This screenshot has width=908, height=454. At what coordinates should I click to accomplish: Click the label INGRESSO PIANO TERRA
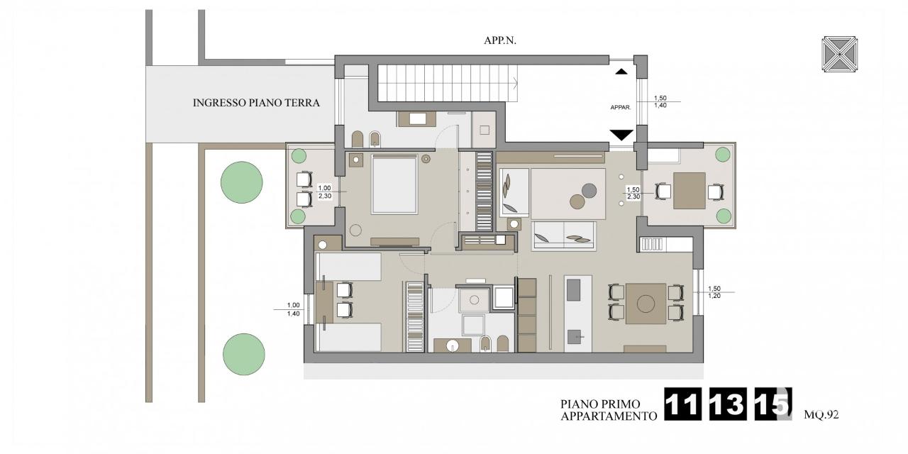tap(256, 103)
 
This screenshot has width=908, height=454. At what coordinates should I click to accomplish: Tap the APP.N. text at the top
tap(500, 40)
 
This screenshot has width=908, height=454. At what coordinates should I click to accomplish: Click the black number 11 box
tap(683, 404)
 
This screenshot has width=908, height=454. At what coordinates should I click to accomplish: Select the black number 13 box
tap(728, 404)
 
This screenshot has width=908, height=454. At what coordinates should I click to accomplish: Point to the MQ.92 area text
tap(821, 415)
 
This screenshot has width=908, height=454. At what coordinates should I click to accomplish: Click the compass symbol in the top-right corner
tap(839, 55)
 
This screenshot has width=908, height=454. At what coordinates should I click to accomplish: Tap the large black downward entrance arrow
tap(621, 135)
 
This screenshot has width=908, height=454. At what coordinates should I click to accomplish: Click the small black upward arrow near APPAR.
tap(621, 72)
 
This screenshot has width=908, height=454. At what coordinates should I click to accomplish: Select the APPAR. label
tap(621, 107)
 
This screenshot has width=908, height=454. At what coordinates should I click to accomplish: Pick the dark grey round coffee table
tap(589, 191)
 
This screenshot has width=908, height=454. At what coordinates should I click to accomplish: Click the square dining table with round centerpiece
tap(646, 304)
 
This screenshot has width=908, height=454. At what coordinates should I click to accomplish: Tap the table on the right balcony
tap(690, 191)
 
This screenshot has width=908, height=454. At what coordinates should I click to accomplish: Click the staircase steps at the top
tap(448, 84)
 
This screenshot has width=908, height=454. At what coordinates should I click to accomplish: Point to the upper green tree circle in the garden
tap(242, 182)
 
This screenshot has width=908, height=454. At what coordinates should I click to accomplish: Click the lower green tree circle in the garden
tap(243, 354)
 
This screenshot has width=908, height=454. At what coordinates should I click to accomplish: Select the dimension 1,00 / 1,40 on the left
tap(294, 309)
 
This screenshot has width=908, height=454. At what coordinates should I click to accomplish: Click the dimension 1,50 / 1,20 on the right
tap(714, 292)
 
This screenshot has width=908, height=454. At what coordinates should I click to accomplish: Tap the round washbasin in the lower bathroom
tap(452, 346)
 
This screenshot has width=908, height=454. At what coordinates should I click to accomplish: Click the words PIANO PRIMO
tap(600, 404)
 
